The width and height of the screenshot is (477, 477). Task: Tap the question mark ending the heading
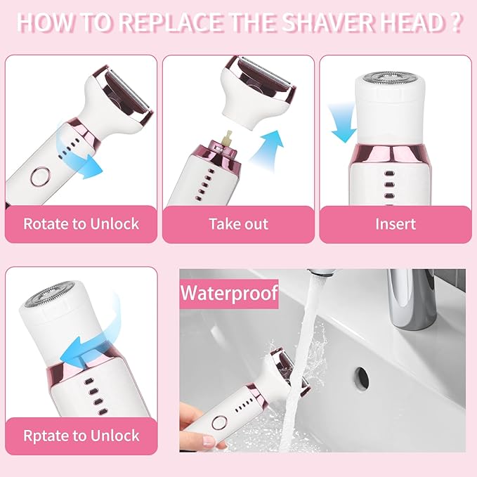455,22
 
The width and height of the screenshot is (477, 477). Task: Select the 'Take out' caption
238,224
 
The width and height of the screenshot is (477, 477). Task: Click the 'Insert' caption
395,224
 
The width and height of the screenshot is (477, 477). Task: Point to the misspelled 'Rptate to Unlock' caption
81,436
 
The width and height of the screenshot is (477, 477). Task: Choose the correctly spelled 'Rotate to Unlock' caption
81,224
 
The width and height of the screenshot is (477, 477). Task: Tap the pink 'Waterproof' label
229,292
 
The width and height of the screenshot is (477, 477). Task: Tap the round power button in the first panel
40,175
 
